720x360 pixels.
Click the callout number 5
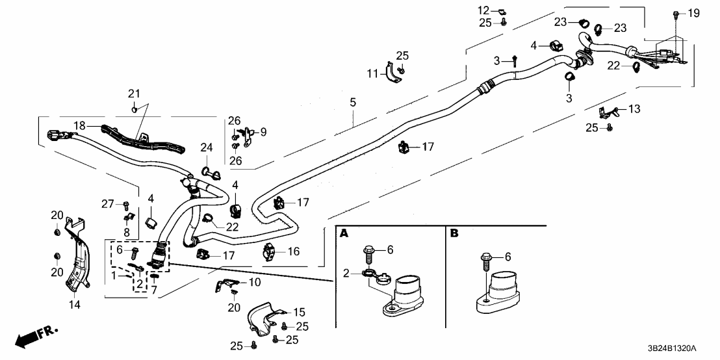click(353, 102)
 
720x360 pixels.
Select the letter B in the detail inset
click(453, 233)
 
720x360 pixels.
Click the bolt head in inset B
click(487, 257)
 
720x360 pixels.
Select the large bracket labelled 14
click(77, 260)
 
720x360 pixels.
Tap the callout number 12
click(483, 10)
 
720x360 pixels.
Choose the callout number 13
click(634, 109)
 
